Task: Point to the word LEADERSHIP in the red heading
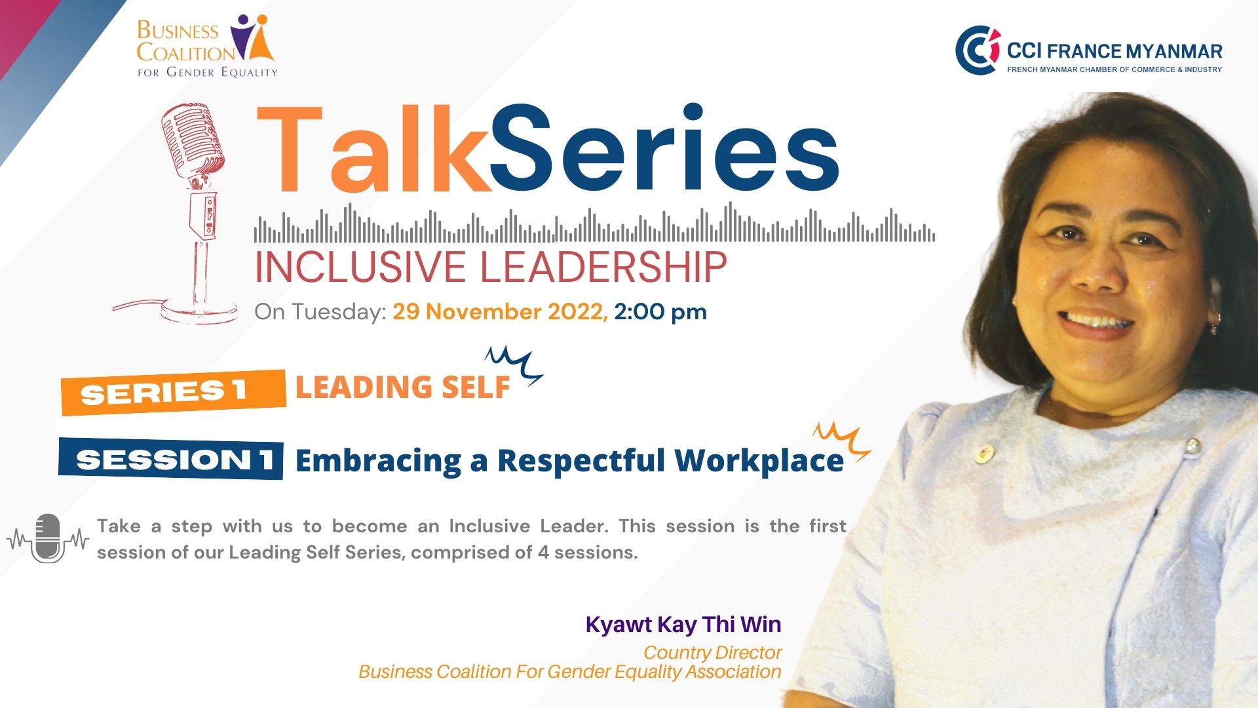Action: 603,267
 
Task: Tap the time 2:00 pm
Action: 660,312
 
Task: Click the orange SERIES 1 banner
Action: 174,392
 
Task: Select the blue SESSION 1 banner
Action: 171,459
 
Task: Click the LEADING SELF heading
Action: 403,387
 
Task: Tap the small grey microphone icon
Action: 48,539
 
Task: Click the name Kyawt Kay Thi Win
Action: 683,624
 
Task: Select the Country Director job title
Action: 712,652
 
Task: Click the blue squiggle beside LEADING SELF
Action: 514,364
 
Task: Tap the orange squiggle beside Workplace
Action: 842,441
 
